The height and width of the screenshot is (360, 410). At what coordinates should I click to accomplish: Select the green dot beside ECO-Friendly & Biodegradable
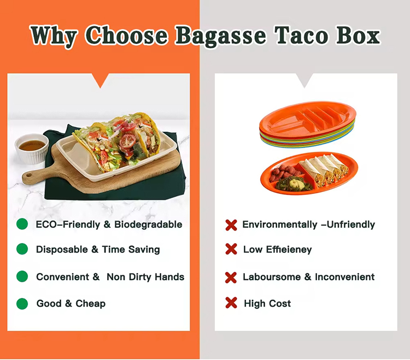(x=22, y=224)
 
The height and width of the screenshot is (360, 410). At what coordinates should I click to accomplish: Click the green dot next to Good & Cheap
(x=22, y=303)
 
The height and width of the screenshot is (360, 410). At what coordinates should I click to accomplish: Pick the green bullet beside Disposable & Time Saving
(x=22, y=249)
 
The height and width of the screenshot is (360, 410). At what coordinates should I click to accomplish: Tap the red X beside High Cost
(x=231, y=303)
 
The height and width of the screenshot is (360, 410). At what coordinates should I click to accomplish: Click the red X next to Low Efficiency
(x=231, y=249)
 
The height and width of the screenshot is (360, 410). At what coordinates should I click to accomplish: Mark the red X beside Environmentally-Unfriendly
(x=231, y=225)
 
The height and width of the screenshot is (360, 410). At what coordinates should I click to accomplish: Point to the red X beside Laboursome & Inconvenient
(x=231, y=277)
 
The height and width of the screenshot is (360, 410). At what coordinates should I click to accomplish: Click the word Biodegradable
(x=148, y=225)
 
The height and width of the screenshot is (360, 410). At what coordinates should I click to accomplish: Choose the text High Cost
(x=267, y=303)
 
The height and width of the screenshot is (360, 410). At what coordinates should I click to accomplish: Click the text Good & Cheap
(x=71, y=303)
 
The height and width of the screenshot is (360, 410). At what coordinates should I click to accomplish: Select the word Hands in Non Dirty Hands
(x=168, y=276)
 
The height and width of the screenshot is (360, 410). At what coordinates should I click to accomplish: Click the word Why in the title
(x=55, y=36)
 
